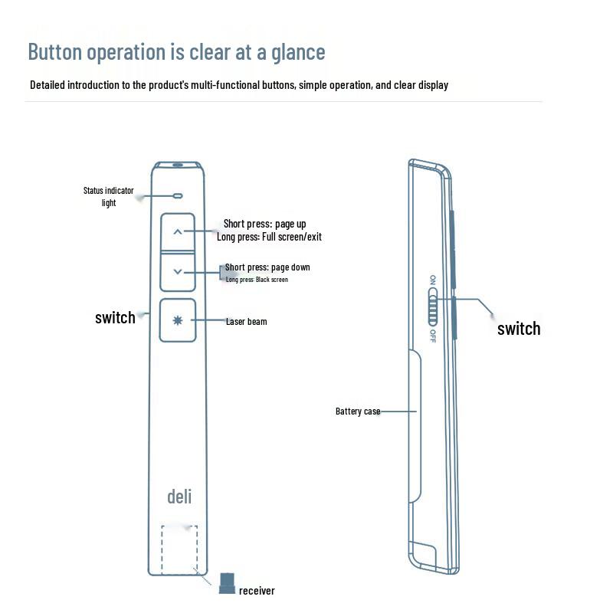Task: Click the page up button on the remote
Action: [178, 232]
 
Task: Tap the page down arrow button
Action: [178, 272]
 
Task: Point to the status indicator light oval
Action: [178, 195]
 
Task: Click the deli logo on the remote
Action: [179, 497]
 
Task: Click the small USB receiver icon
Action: [227, 583]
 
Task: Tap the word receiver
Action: [257, 591]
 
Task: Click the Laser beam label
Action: [247, 322]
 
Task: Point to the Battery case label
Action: [358, 411]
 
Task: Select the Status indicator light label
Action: [108, 197]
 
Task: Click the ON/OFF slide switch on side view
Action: [432, 307]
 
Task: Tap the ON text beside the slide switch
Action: [433, 280]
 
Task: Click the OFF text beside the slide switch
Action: [433, 336]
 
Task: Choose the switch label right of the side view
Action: [519, 329]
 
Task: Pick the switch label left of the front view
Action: [116, 318]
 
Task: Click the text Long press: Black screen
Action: [257, 280]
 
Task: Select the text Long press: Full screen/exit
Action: [270, 237]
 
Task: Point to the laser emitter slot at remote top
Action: [178, 165]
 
